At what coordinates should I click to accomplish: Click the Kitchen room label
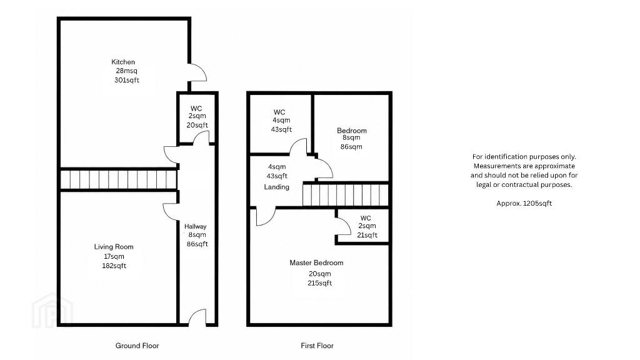123,62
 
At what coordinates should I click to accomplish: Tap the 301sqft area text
126,80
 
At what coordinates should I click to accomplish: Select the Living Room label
114,247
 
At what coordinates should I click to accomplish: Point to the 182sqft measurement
114,266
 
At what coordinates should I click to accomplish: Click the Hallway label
195,226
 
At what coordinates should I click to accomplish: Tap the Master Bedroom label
316,263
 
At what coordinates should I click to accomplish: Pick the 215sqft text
319,283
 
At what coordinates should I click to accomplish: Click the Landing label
276,187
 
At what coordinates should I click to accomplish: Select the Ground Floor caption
137,346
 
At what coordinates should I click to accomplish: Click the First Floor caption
317,346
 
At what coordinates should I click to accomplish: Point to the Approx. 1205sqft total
524,203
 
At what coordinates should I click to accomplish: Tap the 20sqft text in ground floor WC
197,125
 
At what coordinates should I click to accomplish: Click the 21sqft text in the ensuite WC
367,235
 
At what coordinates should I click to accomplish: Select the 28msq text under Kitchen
126,71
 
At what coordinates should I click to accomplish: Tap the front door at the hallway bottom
197,317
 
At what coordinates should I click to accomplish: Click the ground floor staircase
119,179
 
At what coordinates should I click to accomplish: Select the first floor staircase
345,196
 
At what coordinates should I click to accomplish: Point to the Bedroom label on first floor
352,131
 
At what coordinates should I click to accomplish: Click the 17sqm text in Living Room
114,256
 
